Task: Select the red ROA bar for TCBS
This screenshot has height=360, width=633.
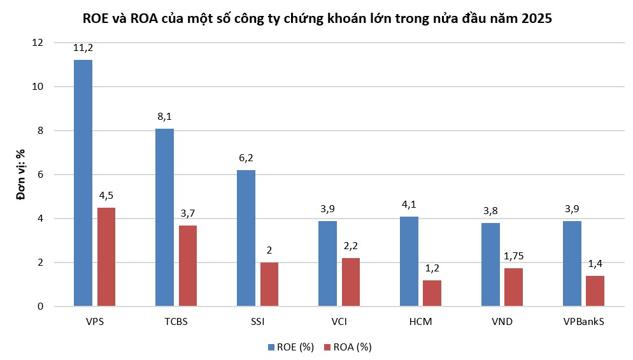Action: [187, 266]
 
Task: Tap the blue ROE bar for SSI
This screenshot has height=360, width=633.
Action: [246, 238]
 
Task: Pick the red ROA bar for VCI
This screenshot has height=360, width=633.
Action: [350, 282]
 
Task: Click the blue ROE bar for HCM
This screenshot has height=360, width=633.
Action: [409, 261]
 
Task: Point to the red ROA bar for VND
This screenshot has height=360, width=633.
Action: [513, 287]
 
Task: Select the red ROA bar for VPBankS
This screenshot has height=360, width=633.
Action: [595, 291]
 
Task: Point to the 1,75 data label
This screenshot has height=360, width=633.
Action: [513, 256]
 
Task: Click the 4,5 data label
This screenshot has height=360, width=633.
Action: [106, 196]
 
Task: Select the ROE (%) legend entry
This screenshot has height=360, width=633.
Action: [291, 347]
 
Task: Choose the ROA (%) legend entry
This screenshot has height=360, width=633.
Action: [348, 347]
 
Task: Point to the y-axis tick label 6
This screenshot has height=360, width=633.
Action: [40, 175]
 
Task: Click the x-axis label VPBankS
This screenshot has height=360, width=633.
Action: [583, 322]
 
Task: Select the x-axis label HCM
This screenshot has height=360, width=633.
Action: [420, 322]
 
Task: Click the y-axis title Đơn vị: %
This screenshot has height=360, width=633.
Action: [20, 175]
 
